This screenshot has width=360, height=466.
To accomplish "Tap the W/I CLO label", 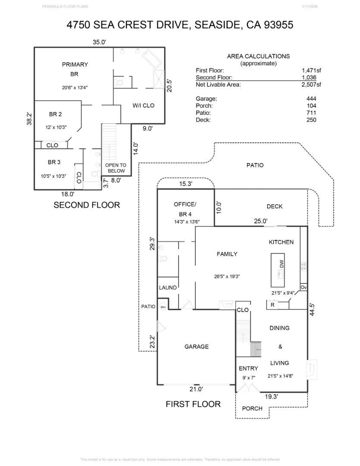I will tap(143, 105).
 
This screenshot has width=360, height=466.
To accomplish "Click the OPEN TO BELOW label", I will tap(116, 168).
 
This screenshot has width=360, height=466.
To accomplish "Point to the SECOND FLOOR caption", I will tap(87, 205).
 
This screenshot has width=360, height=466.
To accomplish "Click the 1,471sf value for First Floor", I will tap(311, 70).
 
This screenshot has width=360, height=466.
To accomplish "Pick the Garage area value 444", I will tap(311, 99).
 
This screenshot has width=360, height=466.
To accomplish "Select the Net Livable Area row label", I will tap(218, 85).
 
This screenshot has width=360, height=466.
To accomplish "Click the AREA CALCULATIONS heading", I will tap(258, 56).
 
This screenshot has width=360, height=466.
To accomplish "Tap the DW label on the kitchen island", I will tap(282, 264).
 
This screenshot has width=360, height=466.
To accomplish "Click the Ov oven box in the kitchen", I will tap(303, 287).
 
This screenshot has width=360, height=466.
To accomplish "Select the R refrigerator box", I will tap(272, 305).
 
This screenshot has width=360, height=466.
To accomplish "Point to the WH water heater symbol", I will tap(163, 307).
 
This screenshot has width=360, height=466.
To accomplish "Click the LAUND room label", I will tap(167, 287).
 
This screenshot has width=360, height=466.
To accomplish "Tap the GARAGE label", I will tap(196, 346).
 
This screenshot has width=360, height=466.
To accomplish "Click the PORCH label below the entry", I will tap(252, 408).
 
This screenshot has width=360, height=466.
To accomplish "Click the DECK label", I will tap(274, 206).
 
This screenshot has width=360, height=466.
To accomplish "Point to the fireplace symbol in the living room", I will tap(312, 369).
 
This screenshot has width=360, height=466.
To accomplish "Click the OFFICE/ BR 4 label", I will tap(185, 209).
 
